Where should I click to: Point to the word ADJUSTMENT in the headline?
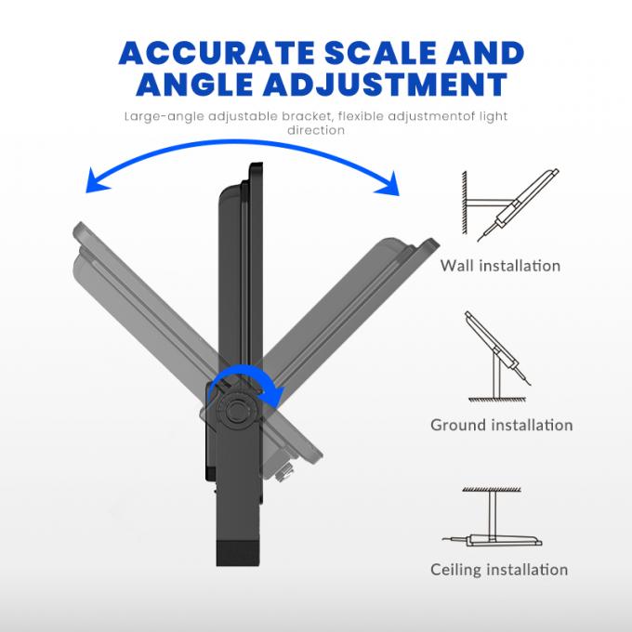point(386,84)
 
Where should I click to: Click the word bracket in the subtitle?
point(307,116)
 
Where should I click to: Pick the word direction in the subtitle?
point(316,130)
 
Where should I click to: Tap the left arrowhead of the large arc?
point(96,181)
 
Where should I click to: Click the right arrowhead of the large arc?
point(388,183)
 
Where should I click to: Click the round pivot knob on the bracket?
point(236,410)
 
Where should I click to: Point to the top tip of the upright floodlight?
point(256,164)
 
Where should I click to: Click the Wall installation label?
point(500,266)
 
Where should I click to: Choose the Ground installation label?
point(501,426)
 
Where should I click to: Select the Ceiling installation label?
point(499,570)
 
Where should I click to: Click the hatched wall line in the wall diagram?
point(465,203)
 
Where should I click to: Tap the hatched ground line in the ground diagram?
point(497,399)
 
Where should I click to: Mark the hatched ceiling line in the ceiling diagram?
point(492,489)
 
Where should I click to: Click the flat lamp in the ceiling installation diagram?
point(504,541)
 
